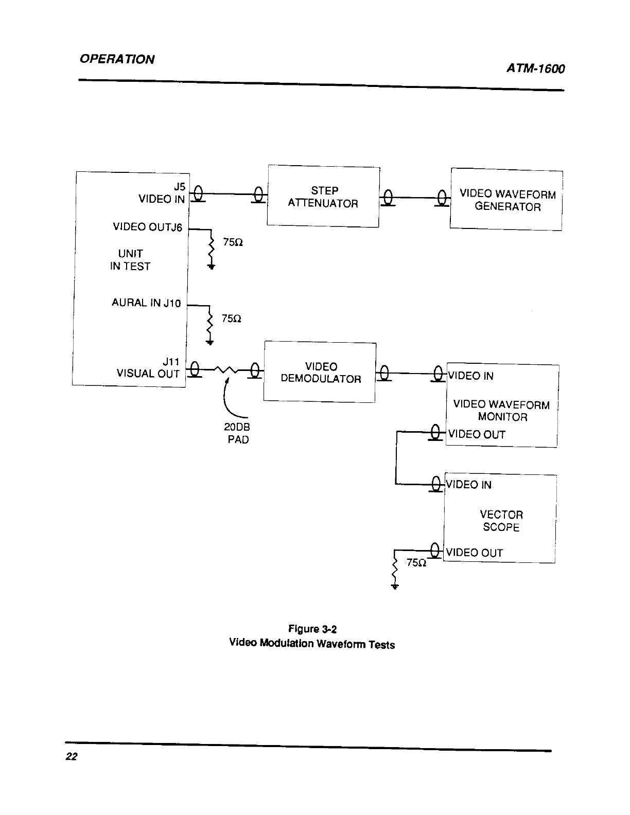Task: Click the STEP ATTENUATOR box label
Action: tap(323, 197)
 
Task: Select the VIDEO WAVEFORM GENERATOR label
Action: tap(507, 200)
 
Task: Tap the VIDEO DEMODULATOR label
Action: tap(321, 373)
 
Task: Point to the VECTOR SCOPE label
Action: tap(501, 521)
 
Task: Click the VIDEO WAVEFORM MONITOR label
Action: tap(502, 410)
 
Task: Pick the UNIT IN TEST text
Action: tap(130, 260)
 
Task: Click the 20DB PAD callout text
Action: tap(237, 433)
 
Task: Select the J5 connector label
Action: tap(180, 187)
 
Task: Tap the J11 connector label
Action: tap(171, 362)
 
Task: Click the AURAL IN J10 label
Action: tap(146, 303)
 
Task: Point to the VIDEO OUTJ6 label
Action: tap(147, 227)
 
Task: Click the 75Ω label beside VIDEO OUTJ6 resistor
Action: tap(233, 242)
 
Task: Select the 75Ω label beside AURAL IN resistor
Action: tap(232, 319)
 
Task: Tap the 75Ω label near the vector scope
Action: tap(416, 563)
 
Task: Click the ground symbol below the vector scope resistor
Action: tap(394, 586)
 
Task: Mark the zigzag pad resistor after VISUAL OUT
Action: tap(226, 370)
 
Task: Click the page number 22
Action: tap(72, 756)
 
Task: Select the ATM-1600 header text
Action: tap(535, 68)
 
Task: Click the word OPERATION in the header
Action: tap(117, 59)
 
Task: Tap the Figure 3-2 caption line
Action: tap(312, 629)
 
